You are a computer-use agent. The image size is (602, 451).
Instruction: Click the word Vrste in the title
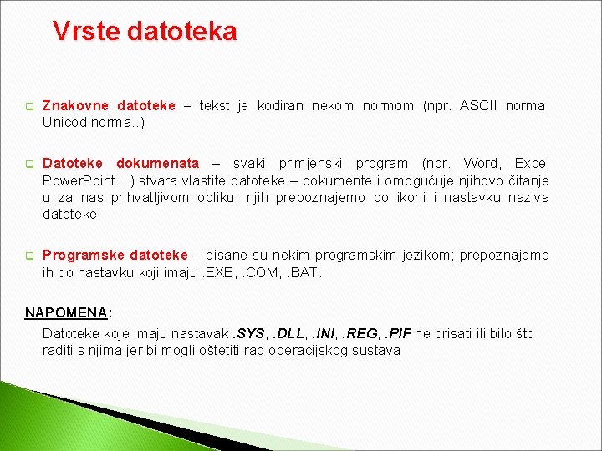(x=85, y=32)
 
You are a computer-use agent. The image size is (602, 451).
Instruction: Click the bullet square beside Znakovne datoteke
(x=28, y=107)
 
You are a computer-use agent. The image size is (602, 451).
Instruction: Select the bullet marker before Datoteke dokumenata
(x=28, y=164)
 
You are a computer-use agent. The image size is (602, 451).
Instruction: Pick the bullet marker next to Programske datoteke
(x=28, y=256)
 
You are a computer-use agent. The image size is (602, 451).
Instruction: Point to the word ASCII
(x=478, y=106)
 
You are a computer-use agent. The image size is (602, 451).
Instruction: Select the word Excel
(x=532, y=163)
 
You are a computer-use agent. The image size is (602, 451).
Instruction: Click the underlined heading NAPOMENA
(x=66, y=312)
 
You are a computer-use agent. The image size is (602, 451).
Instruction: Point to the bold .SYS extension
(x=248, y=333)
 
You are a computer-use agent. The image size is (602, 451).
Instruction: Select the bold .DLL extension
(x=290, y=333)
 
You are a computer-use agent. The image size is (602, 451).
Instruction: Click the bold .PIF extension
(x=399, y=333)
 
